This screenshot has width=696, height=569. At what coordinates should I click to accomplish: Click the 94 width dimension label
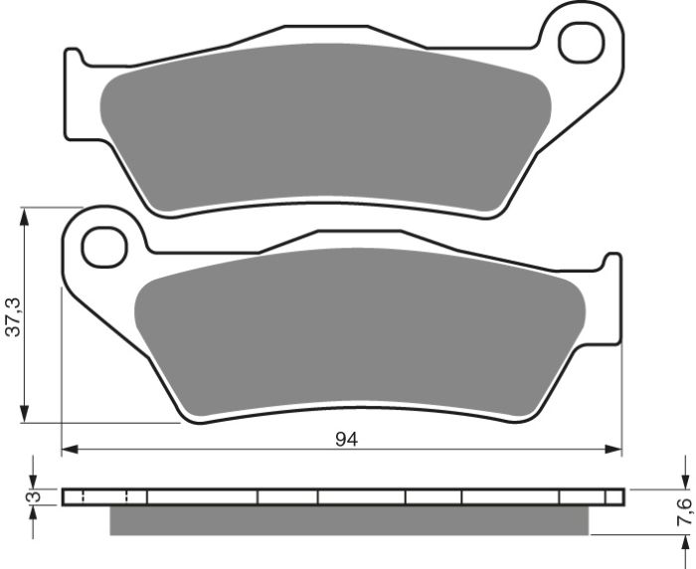[345, 439]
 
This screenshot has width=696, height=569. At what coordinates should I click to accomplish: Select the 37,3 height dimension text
[11, 315]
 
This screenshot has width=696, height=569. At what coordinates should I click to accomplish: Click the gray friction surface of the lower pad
[358, 328]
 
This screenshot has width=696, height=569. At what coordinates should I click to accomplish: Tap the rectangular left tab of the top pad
[74, 75]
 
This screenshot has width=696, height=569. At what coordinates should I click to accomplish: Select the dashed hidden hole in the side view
[104, 496]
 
